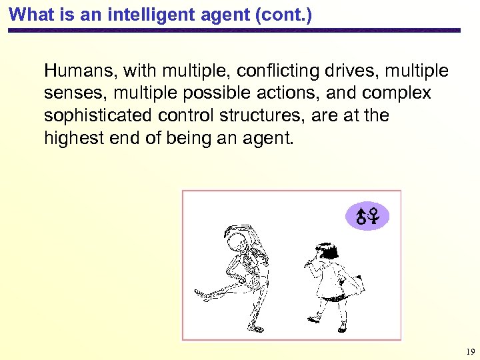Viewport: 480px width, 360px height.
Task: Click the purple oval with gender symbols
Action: coord(367,215)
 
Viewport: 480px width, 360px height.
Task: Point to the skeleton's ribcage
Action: coord(254,267)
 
